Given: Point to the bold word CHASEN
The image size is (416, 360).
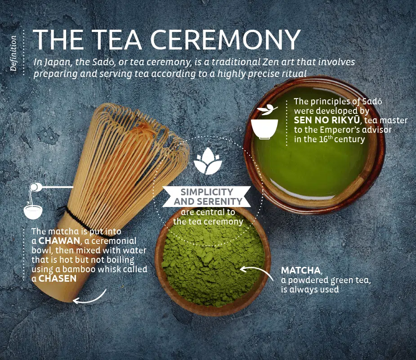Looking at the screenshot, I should (x=57, y=279).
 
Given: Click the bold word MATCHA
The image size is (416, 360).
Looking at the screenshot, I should (x=301, y=270).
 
